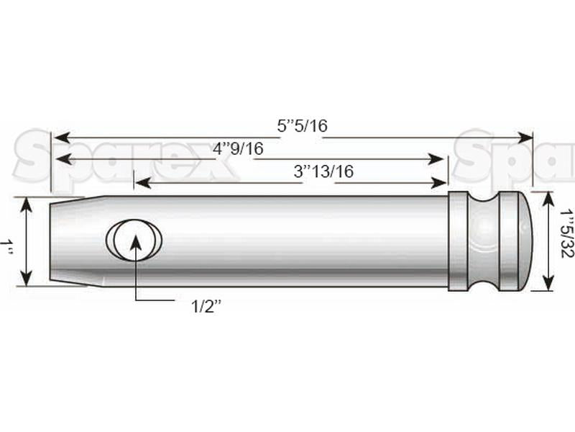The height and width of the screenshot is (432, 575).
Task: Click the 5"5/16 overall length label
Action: pos(302,126)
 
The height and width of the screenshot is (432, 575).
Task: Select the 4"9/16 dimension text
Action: pos(238,149)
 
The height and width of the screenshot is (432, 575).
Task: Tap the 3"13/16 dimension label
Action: pos(323,171)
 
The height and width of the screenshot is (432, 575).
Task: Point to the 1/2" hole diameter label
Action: pos(206,306)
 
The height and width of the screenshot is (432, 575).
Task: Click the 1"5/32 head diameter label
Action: pos(566,233)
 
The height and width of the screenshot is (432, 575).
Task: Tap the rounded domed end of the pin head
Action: pos(526,240)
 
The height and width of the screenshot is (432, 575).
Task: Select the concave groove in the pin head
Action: pos(484,241)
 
